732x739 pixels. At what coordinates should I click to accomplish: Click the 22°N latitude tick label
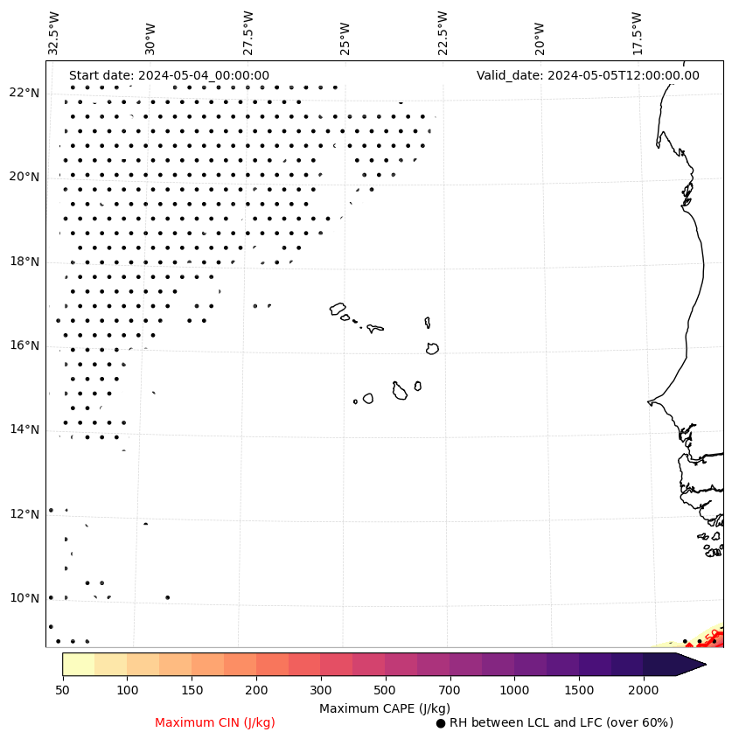point(24,93)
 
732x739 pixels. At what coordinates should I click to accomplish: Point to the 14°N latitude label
point(24,429)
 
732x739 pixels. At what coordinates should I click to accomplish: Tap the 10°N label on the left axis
point(24,598)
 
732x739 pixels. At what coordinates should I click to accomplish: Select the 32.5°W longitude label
point(54,33)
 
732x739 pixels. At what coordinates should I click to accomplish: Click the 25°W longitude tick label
point(345,33)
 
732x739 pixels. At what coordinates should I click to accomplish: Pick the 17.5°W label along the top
point(636,33)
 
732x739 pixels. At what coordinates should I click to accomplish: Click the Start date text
point(169,75)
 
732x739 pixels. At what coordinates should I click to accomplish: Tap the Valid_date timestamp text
point(588,75)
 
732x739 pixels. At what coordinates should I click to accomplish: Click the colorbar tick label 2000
point(643,691)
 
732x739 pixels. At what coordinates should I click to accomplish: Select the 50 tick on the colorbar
point(62,691)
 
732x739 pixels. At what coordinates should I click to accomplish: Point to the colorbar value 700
point(450,691)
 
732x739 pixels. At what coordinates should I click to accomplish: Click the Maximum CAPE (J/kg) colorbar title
point(385,708)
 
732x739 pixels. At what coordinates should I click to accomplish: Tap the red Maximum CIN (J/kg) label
point(215,722)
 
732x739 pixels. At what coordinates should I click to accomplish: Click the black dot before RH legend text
point(441,723)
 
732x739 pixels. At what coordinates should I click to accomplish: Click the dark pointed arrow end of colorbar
point(691,664)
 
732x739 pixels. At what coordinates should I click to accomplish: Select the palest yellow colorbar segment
point(79,664)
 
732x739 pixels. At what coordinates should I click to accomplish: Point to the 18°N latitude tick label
point(24,261)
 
